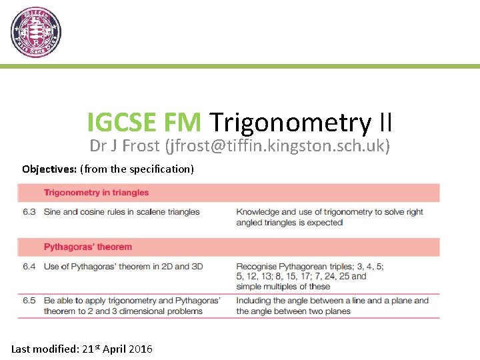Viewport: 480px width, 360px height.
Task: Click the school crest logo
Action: pyautogui.click(x=36, y=32)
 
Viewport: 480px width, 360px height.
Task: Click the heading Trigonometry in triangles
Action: pyautogui.click(x=96, y=193)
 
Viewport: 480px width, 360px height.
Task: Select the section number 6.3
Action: pyautogui.click(x=29, y=212)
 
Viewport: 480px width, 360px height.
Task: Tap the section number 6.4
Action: pyautogui.click(x=29, y=267)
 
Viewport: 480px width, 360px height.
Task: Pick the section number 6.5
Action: pyautogui.click(x=29, y=301)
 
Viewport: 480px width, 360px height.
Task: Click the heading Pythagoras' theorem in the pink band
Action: pyautogui.click(x=88, y=247)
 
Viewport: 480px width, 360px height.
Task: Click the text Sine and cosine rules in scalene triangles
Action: pyautogui.click(x=122, y=212)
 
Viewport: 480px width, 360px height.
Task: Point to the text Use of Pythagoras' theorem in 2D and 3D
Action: pyautogui.click(x=123, y=267)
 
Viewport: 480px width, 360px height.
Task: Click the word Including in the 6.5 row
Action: pyautogui.click(x=254, y=301)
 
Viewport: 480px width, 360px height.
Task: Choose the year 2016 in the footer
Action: pyautogui.click(x=140, y=349)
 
